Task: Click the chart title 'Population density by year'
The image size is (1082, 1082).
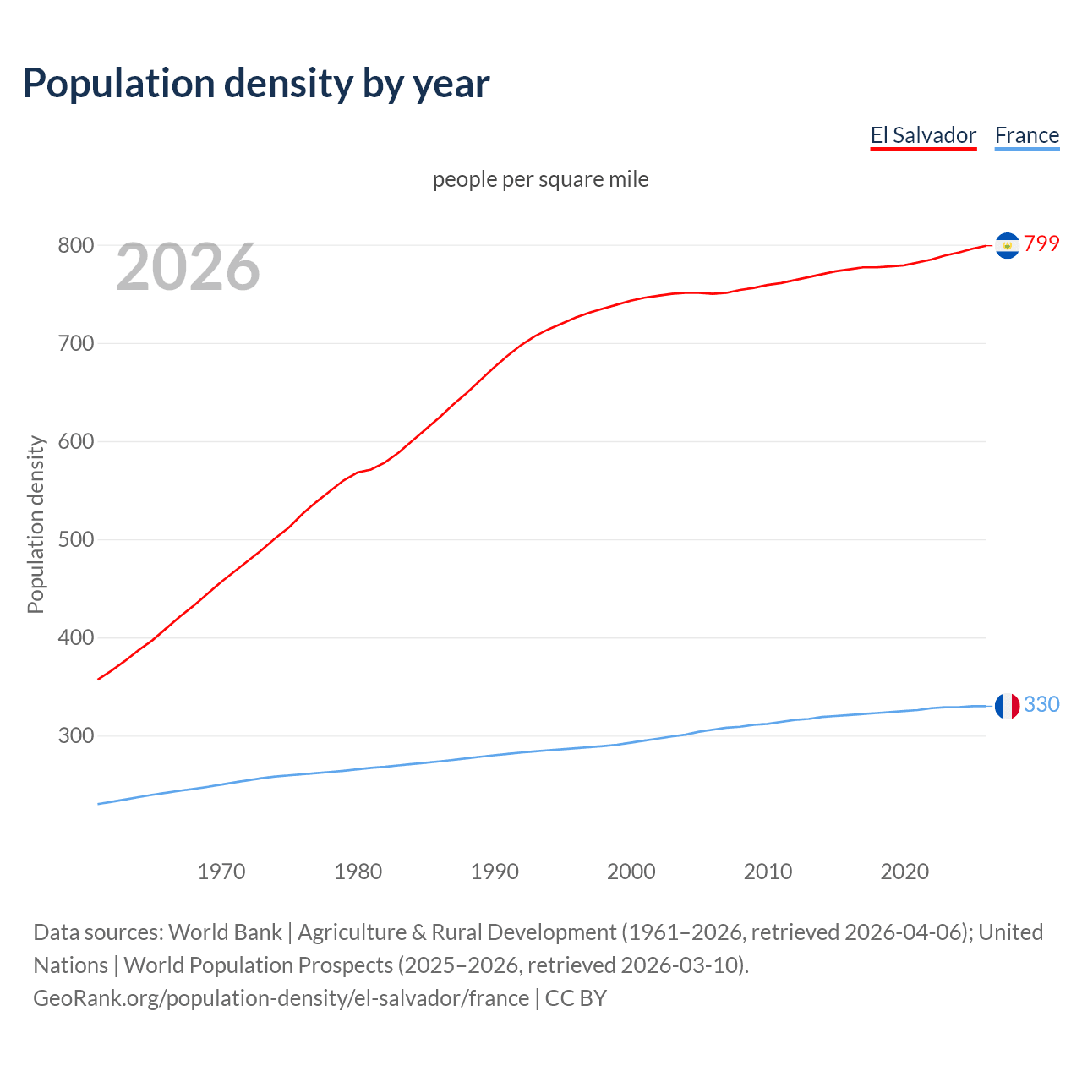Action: click(256, 83)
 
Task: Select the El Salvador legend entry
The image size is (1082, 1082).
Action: click(923, 135)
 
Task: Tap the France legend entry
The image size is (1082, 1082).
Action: click(1026, 135)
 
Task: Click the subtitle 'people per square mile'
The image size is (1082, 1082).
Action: click(540, 179)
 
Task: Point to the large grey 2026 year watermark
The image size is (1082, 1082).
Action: click(188, 267)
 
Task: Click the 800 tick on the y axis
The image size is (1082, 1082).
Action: click(75, 245)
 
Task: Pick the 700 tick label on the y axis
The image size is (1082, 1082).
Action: click(75, 343)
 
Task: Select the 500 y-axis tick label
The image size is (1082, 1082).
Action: click(75, 539)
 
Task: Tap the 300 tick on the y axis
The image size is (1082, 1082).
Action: click(75, 735)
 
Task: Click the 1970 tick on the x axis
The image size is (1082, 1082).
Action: click(221, 871)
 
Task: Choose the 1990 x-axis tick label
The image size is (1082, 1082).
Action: click(495, 871)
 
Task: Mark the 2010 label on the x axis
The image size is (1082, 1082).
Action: click(768, 871)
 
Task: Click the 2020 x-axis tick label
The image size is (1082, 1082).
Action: click(904, 871)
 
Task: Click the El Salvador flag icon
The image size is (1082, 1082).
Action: click(1007, 245)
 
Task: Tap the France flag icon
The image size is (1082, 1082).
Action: click(1007, 706)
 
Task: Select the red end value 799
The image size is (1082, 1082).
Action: click(1041, 243)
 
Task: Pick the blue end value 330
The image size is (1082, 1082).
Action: click(1041, 704)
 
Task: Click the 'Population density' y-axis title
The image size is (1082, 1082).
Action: click(36, 524)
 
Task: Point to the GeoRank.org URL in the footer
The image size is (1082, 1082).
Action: click(281, 997)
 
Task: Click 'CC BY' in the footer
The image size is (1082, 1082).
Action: click(576, 997)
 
